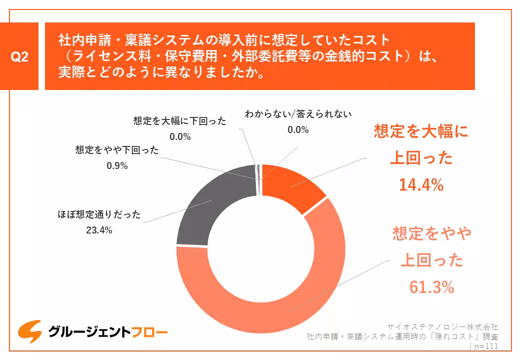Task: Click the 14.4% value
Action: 421,185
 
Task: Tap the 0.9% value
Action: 117,165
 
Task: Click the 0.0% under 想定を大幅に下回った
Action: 180,136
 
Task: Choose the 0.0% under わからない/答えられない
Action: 298,129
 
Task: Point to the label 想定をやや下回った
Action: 117,150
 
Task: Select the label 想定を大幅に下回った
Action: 180,121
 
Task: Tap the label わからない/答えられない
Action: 298,114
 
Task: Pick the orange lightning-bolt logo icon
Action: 29,331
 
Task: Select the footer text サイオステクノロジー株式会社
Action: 443,326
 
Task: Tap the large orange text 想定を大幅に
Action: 421,131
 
